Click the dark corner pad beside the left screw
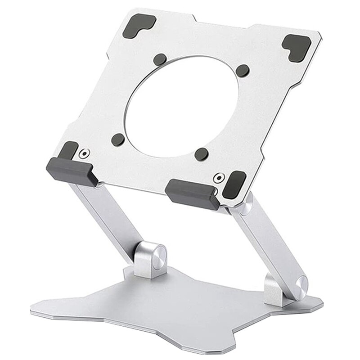[x=69, y=150]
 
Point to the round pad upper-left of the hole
[x=159, y=59]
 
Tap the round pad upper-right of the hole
[x=243, y=70]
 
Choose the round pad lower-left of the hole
[x=118, y=139]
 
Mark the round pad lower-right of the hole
[x=202, y=154]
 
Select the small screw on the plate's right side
[x=219, y=177]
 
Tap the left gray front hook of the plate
[x=72, y=171]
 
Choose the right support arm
[x=265, y=243]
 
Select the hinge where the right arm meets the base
[x=292, y=288]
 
